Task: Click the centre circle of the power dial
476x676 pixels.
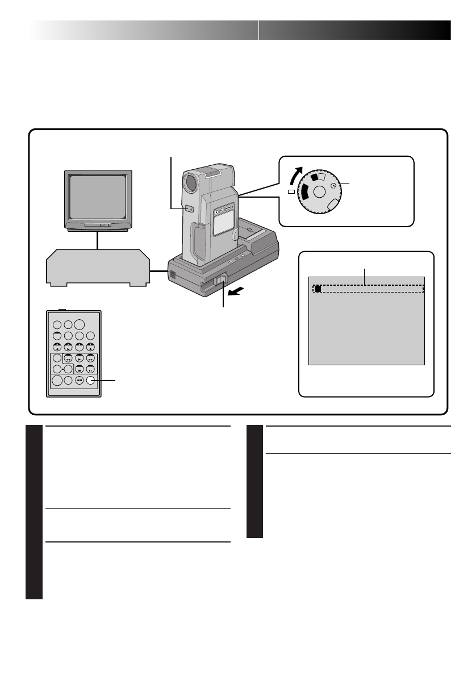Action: tap(319, 192)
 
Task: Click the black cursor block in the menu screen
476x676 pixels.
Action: tap(318, 289)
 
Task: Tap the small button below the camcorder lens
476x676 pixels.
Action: tap(191, 209)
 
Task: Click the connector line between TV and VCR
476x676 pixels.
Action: tap(98, 240)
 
